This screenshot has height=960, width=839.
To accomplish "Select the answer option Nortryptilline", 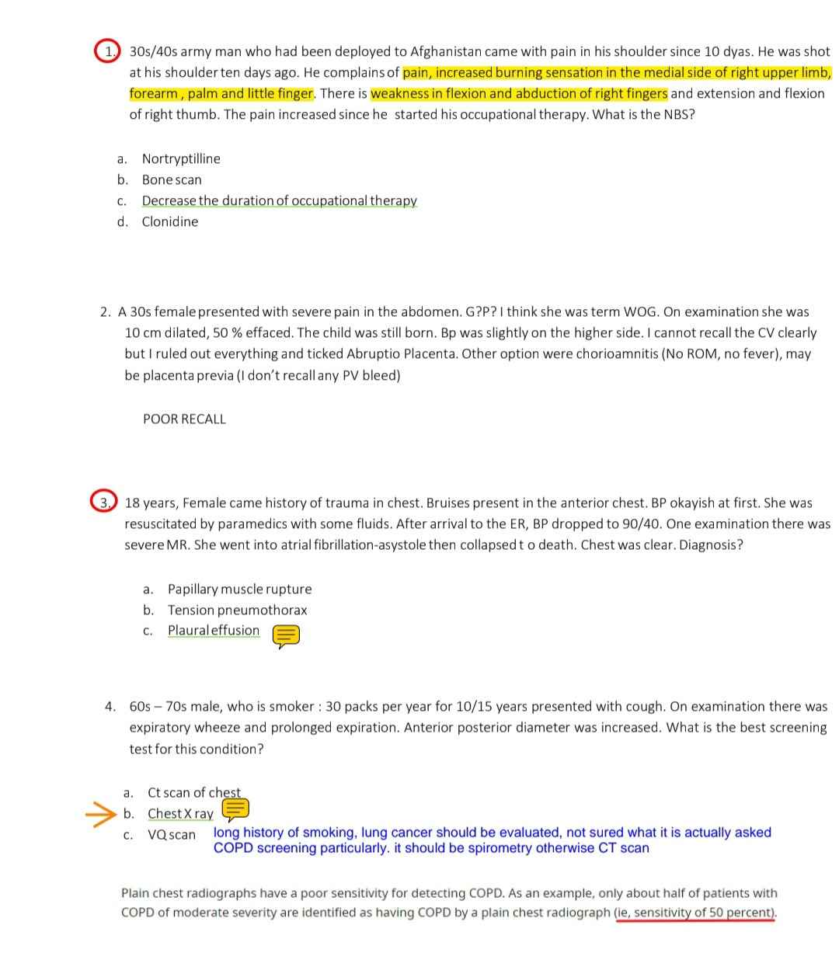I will pyautogui.click(x=181, y=158).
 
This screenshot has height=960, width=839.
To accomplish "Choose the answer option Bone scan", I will pyautogui.click(x=172, y=179).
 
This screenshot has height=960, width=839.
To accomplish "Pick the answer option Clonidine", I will pyautogui.click(x=170, y=221).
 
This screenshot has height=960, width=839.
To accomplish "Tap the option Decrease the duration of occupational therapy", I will pyautogui.click(x=279, y=200).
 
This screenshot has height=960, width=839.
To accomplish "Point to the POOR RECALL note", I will pyautogui.click(x=184, y=419).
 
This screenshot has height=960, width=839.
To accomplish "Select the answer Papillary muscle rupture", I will pyautogui.click(x=239, y=589).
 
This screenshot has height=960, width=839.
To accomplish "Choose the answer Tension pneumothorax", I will pyautogui.click(x=237, y=610).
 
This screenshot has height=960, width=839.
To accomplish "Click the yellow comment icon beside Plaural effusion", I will pyautogui.click(x=286, y=636).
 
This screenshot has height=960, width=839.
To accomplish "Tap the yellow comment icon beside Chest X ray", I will pyautogui.click(x=235, y=810).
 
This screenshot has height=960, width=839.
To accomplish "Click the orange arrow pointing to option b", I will pyautogui.click(x=99, y=814).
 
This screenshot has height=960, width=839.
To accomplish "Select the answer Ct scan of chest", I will pyautogui.click(x=194, y=792).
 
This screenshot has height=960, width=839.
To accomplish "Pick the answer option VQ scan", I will pyautogui.click(x=172, y=834).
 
